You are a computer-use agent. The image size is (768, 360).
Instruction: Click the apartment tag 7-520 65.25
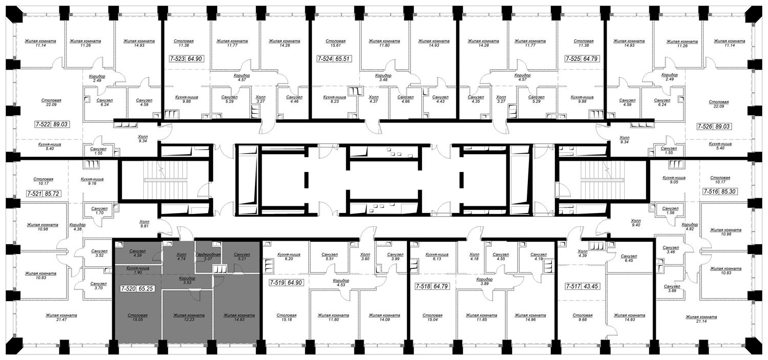point(137,289)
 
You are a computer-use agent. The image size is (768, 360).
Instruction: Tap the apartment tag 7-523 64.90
point(186,59)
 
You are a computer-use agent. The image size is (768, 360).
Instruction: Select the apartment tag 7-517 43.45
point(583,286)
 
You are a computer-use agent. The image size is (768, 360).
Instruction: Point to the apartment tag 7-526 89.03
point(714,126)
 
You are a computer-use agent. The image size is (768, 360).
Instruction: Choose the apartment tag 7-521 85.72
point(44,194)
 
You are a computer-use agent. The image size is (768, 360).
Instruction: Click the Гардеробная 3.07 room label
point(208,257)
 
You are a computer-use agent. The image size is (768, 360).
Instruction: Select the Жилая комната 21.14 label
point(701,320)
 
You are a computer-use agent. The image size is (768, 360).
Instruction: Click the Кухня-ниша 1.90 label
point(138,270)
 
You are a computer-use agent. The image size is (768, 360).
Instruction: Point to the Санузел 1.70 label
point(99,210)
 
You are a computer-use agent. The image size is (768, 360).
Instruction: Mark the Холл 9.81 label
point(144,224)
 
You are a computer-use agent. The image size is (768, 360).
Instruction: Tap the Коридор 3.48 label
point(383,78)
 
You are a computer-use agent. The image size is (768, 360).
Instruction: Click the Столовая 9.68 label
point(583,317)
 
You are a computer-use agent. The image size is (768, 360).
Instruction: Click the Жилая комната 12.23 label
point(189,317)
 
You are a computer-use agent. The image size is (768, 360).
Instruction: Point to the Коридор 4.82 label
point(690,227)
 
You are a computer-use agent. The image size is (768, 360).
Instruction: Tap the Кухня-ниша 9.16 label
point(92,181)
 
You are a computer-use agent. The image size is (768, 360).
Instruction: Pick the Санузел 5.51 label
point(330,257)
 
